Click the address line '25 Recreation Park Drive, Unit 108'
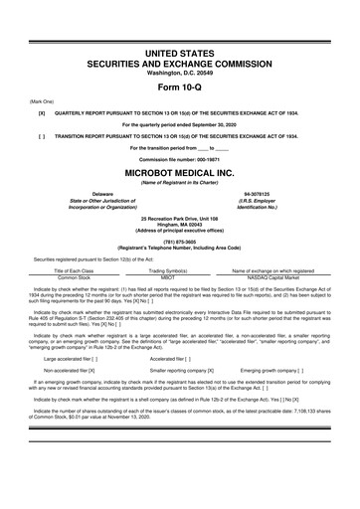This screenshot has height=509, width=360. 179,218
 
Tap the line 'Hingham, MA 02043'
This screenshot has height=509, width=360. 179,224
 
